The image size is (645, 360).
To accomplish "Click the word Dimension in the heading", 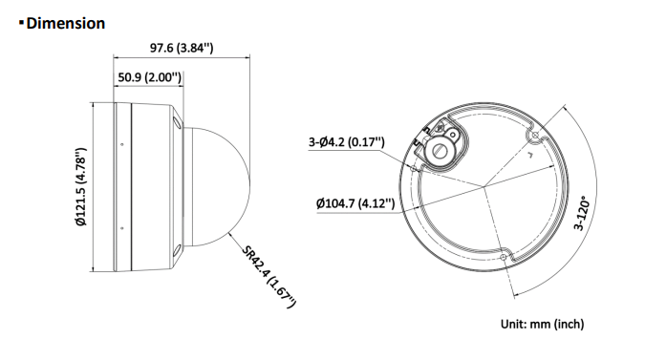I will click(x=66, y=23).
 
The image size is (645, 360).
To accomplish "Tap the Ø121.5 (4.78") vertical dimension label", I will click(x=81, y=187).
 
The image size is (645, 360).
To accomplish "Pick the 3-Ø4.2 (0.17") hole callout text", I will click(x=346, y=142).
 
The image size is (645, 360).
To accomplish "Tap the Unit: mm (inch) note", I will click(x=542, y=325).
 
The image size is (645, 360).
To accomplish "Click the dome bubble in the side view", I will click(x=215, y=187).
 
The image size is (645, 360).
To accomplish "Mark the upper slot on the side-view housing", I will click(x=178, y=123).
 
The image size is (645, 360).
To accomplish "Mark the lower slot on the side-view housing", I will click(x=178, y=252).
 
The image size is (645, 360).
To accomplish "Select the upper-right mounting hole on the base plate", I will click(x=533, y=136).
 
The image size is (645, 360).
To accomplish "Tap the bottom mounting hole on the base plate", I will click(x=504, y=255).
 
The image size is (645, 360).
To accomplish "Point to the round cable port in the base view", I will click(x=442, y=149).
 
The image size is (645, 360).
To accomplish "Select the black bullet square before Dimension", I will click(x=20, y=22).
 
